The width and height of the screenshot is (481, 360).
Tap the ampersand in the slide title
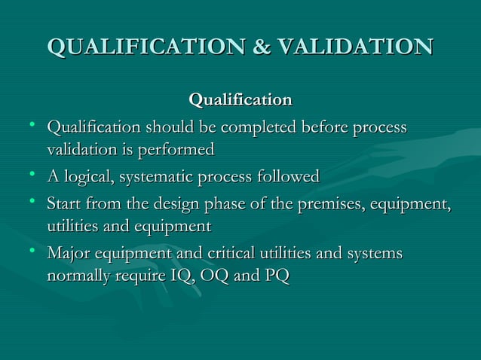pos(261,47)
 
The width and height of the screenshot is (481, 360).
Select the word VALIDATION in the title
pos(354,47)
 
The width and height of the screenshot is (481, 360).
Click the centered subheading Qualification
pos(240,99)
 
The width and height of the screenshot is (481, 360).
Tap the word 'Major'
pos(69,253)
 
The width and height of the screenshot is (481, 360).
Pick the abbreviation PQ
pos(275,276)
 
